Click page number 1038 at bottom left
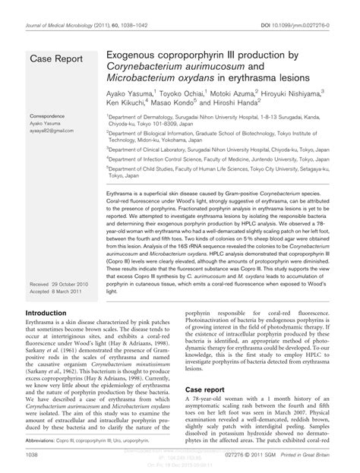pyautogui.click(x=35, y=456)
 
